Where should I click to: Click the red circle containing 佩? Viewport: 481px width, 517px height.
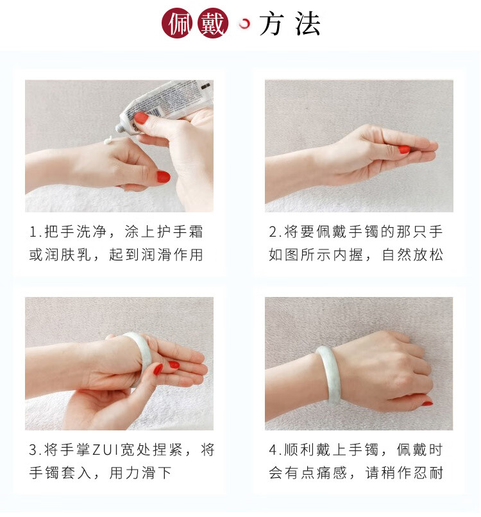click(177, 23)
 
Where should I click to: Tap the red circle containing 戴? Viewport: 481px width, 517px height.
click(213, 23)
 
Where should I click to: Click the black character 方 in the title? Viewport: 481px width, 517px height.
click(271, 23)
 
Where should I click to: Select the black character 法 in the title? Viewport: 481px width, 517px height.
click(307, 23)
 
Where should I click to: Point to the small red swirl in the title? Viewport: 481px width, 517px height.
click(244, 23)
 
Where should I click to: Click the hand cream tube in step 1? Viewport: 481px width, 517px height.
click(165, 105)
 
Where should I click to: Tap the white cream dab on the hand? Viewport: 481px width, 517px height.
click(108, 140)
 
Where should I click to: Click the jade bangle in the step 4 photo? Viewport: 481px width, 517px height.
click(330, 374)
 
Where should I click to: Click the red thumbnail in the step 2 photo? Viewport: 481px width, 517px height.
click(404, 149)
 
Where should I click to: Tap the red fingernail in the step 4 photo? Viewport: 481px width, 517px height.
click(427, 403)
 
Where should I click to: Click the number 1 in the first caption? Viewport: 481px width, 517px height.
click(33, 232)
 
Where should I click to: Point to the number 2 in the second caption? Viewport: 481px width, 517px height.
click(273, 232)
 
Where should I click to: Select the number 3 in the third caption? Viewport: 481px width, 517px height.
click(33, 450)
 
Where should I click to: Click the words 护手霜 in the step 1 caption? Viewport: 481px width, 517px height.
click(180, 232)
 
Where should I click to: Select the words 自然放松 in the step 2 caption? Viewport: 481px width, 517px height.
click(412, 255)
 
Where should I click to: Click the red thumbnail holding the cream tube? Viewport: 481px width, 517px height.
click(141, 118)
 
